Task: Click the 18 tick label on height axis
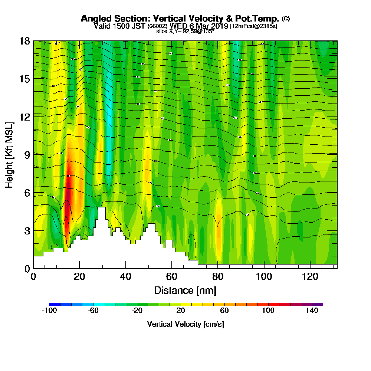pos(24,41)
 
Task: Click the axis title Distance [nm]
pos(185,290)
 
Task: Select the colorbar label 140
pos(312,311)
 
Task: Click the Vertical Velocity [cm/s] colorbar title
pos(185,324)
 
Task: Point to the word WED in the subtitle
pos(178,26)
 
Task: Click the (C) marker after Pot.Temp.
pos(286,18)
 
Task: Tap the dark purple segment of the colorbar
pos(319,304)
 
